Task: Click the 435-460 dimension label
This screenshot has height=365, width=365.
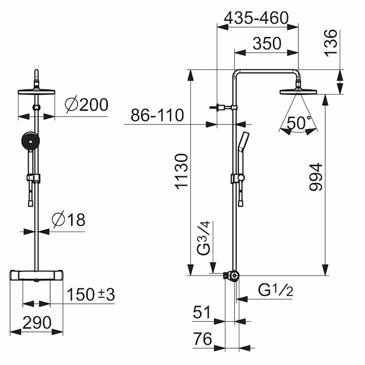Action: [256, 18]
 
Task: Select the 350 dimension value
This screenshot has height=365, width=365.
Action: [267, 44]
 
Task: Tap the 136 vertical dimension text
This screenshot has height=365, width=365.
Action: [331, 43]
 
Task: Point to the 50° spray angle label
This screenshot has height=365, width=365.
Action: [299, 123]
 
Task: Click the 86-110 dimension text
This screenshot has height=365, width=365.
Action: [157, 115]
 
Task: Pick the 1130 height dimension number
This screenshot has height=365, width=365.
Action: [181, 171]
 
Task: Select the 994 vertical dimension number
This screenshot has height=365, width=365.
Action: [316, 177]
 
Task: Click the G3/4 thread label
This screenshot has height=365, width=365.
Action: [203, 238]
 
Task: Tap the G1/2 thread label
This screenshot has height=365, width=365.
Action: [276, 290]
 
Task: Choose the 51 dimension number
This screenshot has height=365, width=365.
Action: [202, 312]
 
